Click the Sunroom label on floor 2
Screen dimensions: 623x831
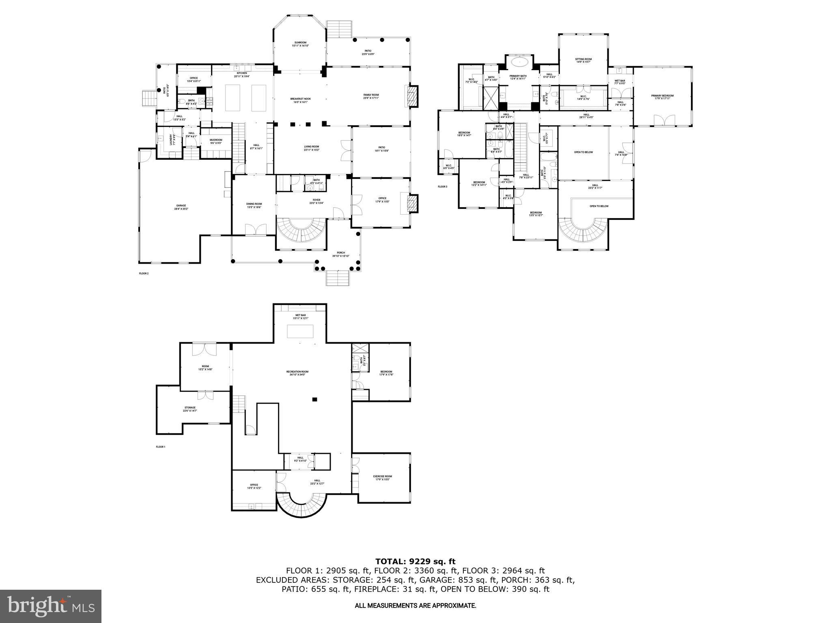[x=300, y=44]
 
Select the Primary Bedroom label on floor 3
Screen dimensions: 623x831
[x=662, y=97]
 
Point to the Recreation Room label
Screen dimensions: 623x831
[x=297, y=373]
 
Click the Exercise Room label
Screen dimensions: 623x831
[x=382, y=478]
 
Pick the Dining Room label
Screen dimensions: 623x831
[x=254, y=205]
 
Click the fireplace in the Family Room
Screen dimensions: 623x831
[x=412, y=96]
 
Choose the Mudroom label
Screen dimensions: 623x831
[x=215, y=142]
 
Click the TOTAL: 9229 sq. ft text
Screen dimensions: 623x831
[x=415, y=561]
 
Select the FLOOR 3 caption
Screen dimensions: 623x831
[x=442, y=187]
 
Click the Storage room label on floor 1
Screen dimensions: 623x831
[x=189, y=409]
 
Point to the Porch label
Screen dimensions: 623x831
[x=338, y=254]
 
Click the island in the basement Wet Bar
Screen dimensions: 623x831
[x=301, y=332]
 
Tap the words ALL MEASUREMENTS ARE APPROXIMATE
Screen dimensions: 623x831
[x=415, y=606]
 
